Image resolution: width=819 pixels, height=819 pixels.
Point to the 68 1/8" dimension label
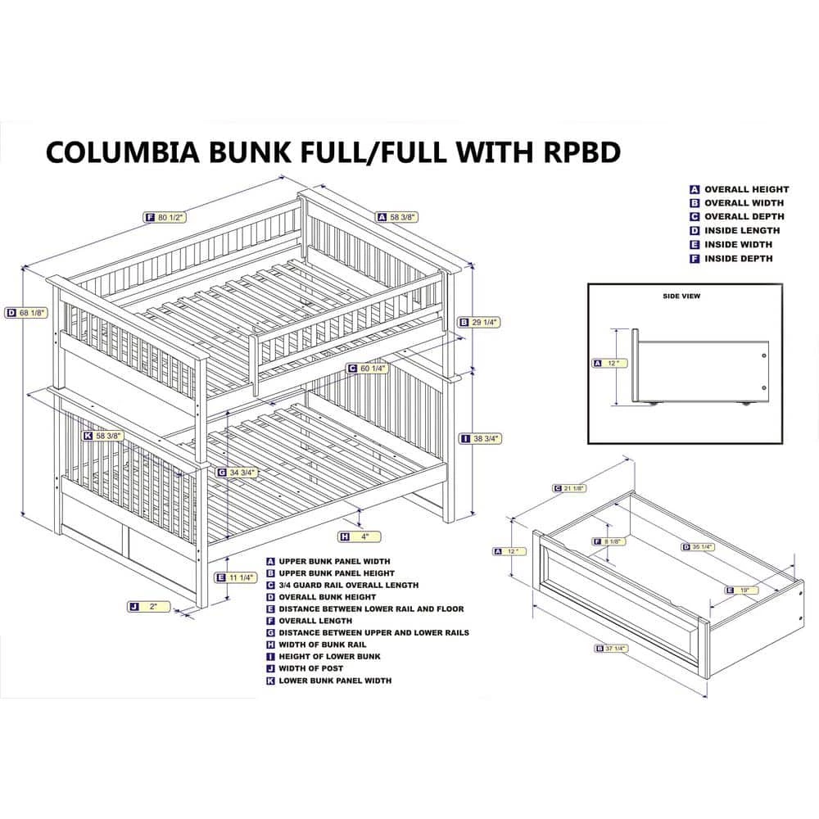coord(29,312)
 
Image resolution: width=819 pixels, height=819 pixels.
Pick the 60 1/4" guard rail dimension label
coord(371,368)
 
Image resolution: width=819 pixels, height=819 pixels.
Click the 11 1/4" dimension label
coord(238,577)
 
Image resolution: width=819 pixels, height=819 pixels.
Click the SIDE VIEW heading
coord(681,296)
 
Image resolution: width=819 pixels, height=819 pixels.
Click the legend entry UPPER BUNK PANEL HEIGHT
coord(336,573)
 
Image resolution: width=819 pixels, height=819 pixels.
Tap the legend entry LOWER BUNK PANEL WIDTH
coord(334,681)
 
